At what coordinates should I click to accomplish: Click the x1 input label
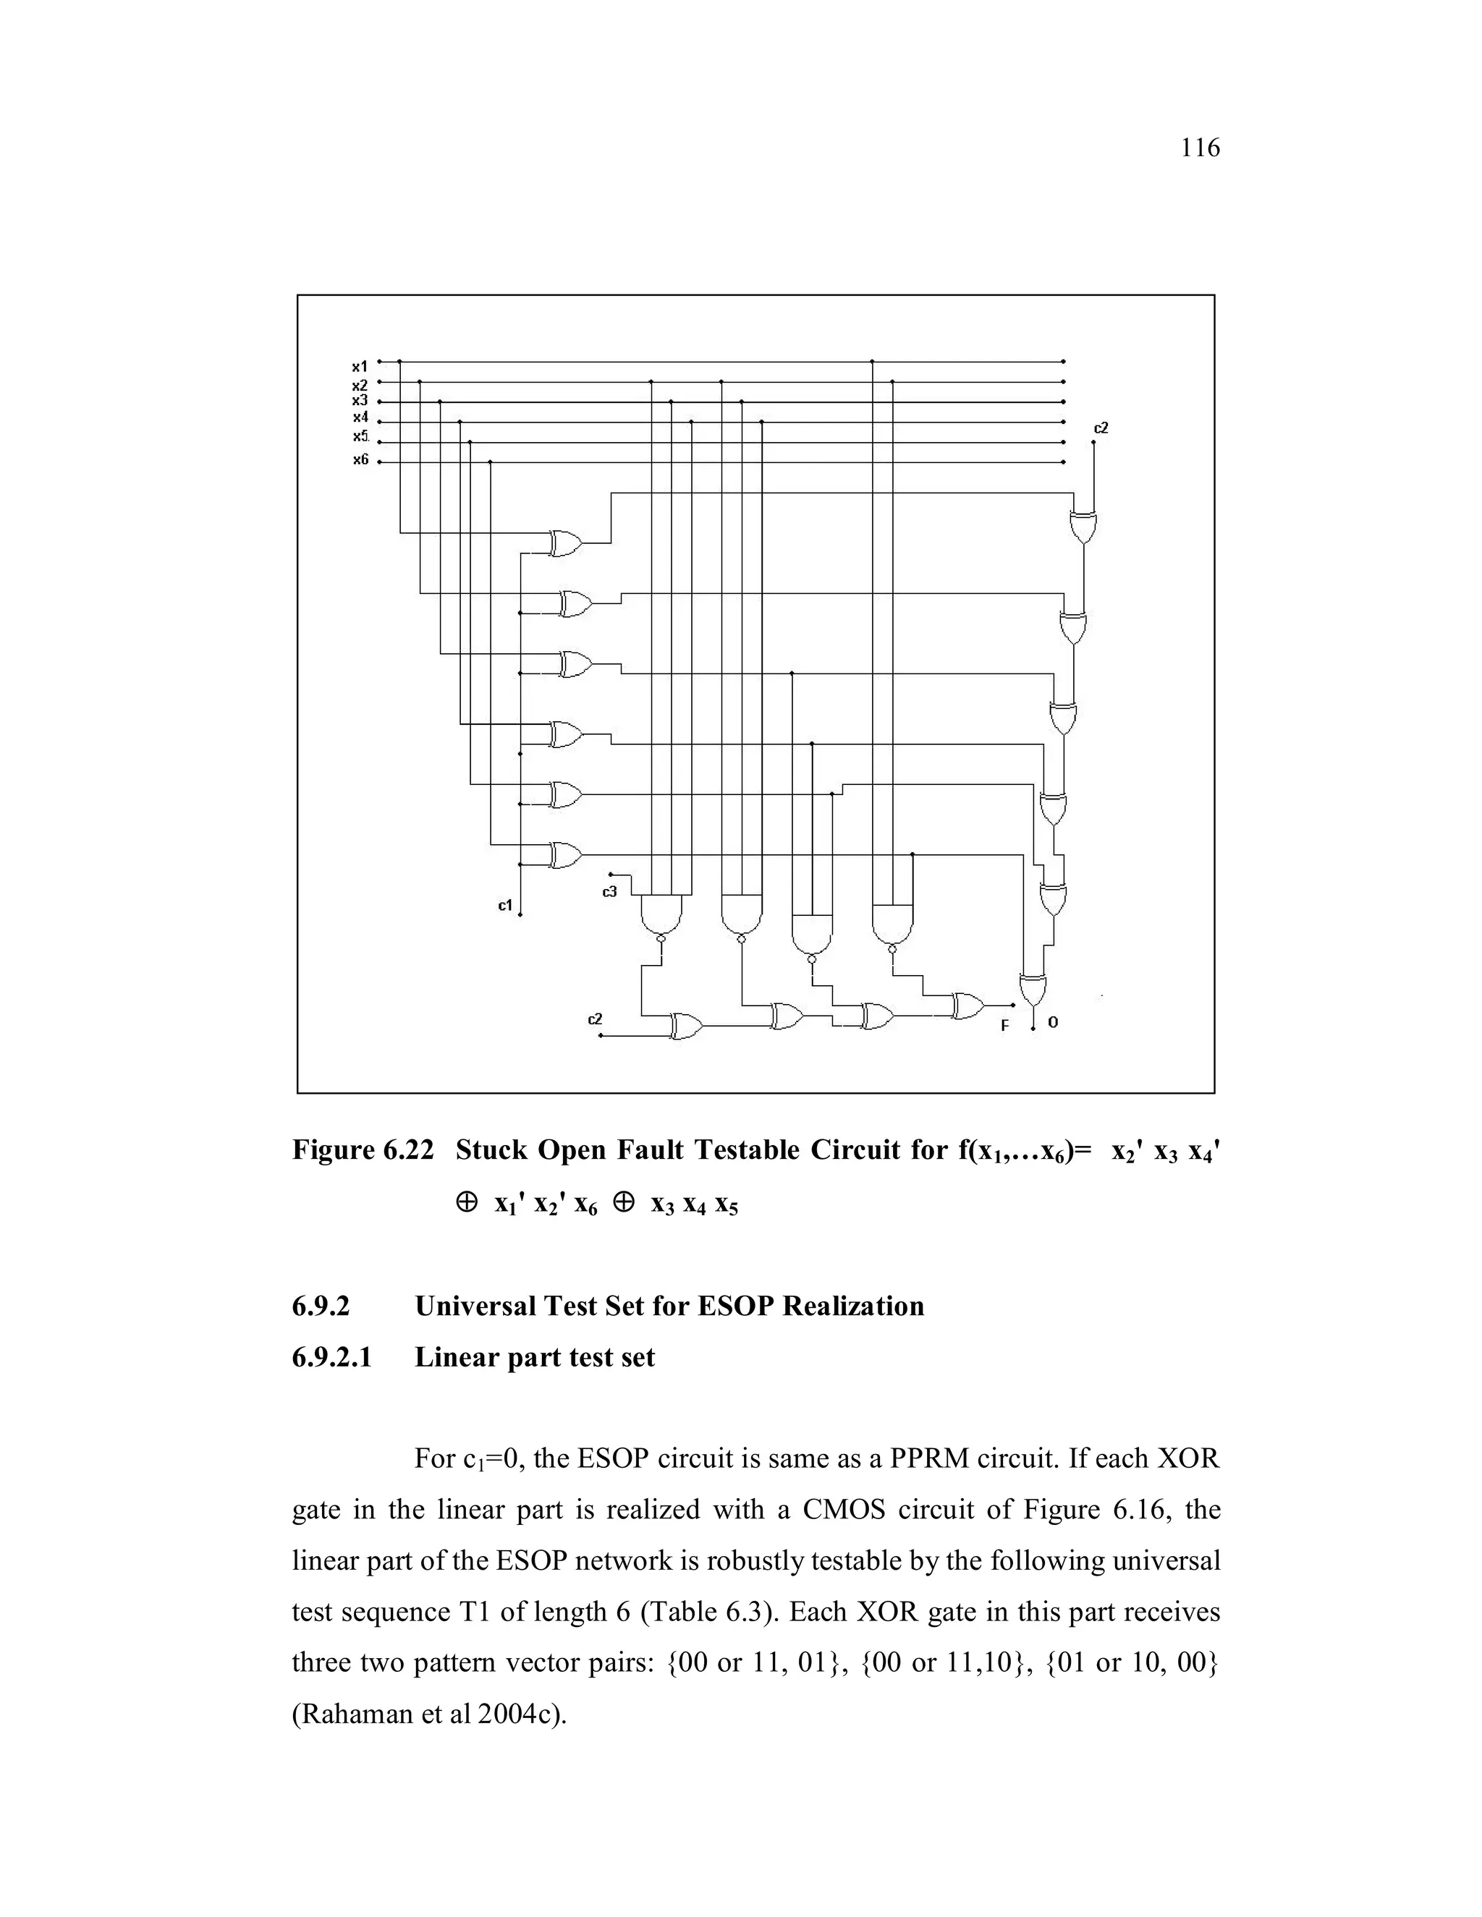tap(360, 366)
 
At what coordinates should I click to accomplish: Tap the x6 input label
tap(360, 459)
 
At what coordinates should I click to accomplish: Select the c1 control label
tap(505, 905)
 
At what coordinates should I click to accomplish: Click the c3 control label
tap(609, 892)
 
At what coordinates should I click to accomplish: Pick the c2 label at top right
tap(1101, 428)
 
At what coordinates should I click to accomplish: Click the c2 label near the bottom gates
tap(596, 1019)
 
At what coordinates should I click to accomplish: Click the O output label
tap(1054, 1023)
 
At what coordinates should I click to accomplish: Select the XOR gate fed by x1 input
tap(565, 543)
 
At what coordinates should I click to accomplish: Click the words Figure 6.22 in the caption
tap(363, 1150)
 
